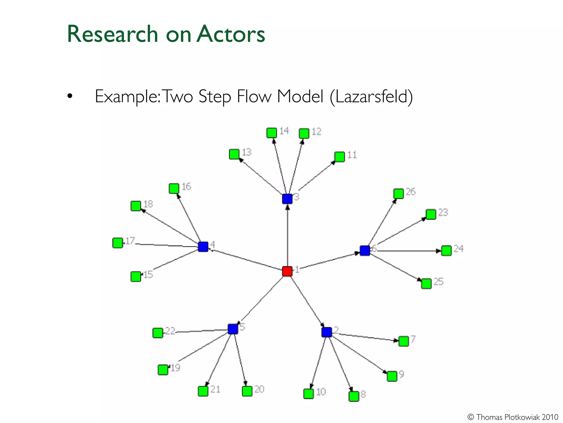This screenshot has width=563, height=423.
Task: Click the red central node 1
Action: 287,271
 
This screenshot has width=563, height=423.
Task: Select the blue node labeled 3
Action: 287,199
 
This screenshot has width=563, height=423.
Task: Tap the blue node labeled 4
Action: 203,247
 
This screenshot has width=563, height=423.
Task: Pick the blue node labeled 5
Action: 233,329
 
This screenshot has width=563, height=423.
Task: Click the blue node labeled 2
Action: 327,332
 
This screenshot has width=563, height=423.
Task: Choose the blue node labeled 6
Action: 365,251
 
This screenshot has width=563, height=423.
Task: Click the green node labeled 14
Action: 272,133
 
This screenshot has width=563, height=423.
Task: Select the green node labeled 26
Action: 398,194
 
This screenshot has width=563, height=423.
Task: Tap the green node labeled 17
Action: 118,243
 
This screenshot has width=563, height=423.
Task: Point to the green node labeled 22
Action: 158,333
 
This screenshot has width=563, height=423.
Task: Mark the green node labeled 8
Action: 354,396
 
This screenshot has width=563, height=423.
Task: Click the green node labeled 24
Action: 446,251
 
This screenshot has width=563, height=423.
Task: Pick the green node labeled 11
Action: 340,157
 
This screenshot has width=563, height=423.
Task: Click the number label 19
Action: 176,368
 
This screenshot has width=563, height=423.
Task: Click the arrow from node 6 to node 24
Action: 407,251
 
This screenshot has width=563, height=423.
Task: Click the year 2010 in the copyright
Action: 550,417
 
